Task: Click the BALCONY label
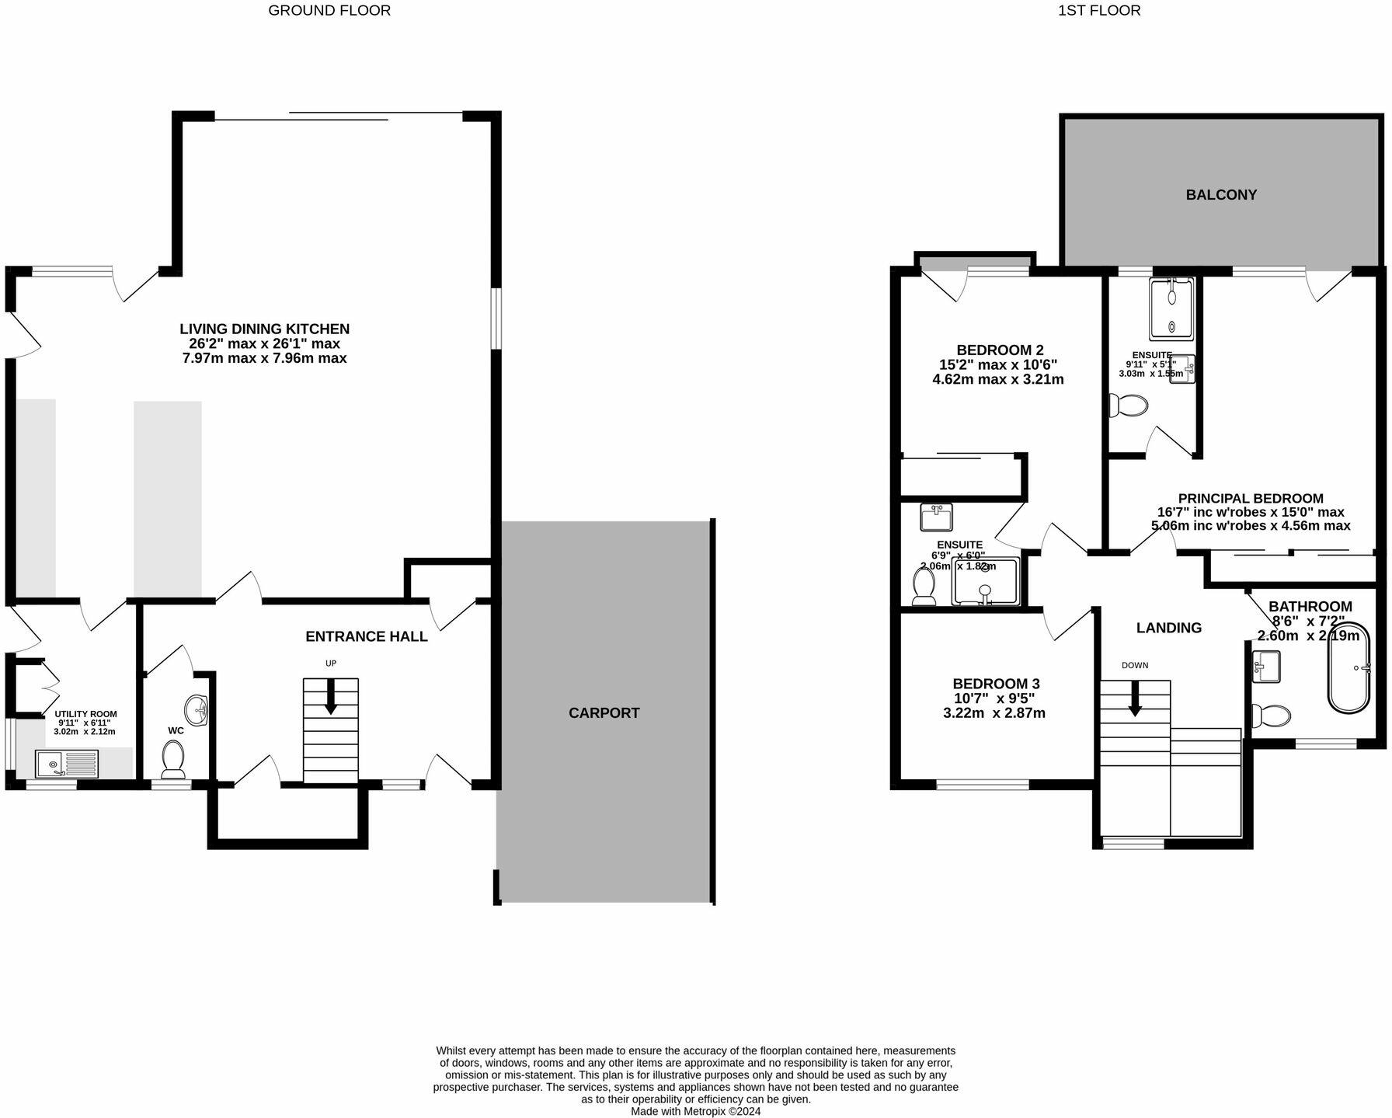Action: pos(1221,195)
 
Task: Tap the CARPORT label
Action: pos(604,713)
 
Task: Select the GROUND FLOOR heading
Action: pos(329,11)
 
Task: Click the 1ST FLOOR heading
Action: pos(1098,11)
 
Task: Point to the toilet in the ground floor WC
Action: pos(172,758)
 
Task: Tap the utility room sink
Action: pos(66,764)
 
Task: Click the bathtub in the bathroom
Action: pos(1348,667)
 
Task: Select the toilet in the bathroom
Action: pos(1270,714)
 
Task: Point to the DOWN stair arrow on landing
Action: pos(1135,698)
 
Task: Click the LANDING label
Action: pos(1168,628)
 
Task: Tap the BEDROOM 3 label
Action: pos(996,684)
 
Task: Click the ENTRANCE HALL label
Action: pos(366,636)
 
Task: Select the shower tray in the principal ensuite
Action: pos(1171,308)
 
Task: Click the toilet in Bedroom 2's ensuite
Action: pos(924,587)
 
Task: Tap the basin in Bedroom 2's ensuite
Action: pos(936,517)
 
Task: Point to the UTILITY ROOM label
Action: pos(85,713)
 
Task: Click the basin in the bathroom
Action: pos(1266,666)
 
